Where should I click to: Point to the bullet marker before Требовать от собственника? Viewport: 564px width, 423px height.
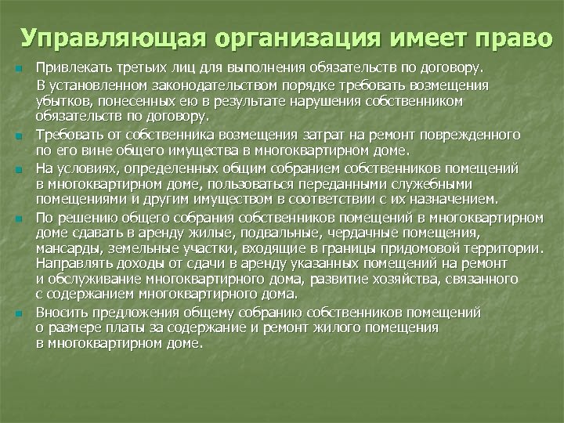pos(17,138)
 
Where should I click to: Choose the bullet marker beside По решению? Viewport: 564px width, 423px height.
pos(17,215)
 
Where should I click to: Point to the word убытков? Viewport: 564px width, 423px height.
pos(59,102)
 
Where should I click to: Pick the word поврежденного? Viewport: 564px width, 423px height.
pos(463,135)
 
